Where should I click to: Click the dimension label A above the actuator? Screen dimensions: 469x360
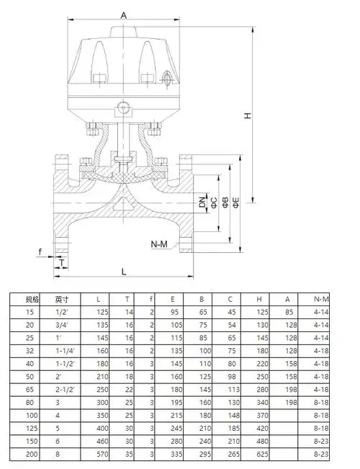point(124,14)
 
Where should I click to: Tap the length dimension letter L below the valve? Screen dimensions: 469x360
point(124,272)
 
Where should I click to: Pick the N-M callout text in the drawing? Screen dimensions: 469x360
point(159,245)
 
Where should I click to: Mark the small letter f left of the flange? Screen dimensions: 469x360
point(42,251)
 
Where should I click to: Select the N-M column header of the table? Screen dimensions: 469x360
point(322,298)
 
